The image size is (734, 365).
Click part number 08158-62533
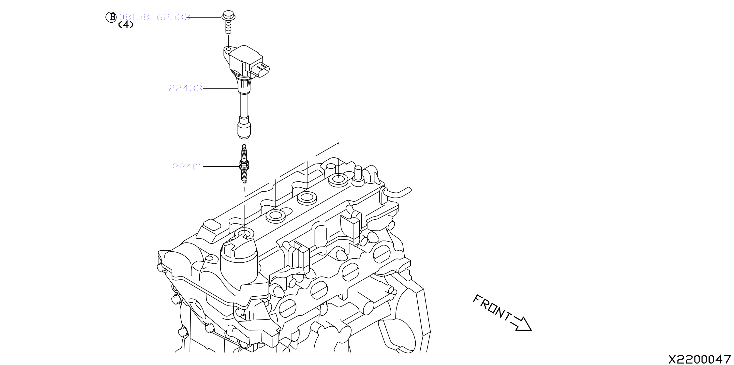tap(154, 17)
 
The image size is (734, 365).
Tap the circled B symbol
tap(111, 17)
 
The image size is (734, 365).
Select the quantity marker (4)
tap(126, 25)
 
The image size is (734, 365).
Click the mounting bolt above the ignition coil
tap(228, 22)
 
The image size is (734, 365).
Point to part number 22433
tap(186, 88)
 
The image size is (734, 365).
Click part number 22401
tap(187, 167)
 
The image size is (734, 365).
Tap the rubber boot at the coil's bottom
tap(244, 130)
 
